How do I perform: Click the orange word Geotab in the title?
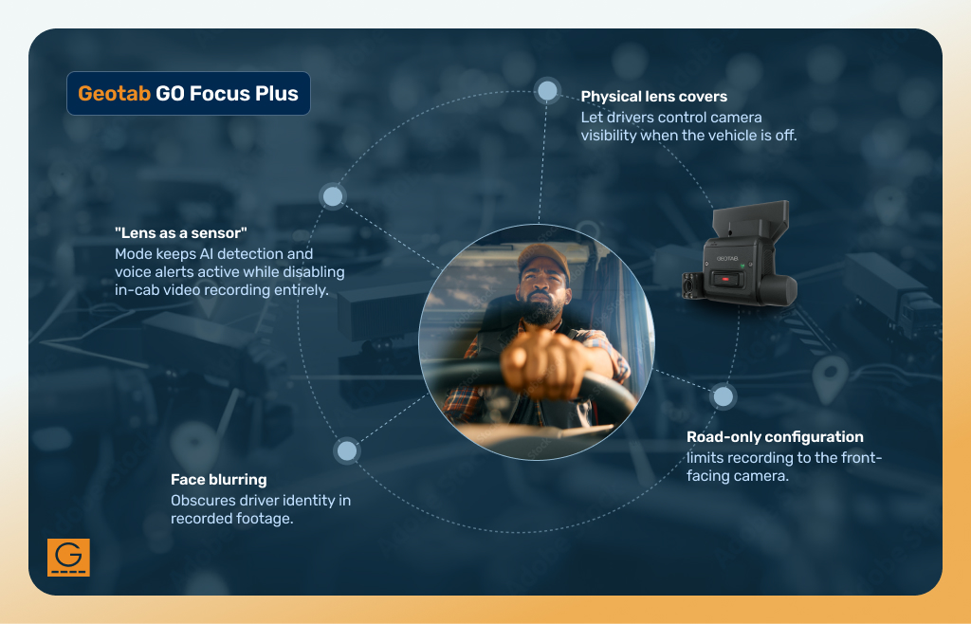click(x=114, y=94)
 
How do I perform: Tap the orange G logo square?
click(x=68, y=558)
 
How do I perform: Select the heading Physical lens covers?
click(x=654, y=97)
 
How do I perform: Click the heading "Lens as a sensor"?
click(x=181, y=232)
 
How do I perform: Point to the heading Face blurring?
click(x=219, y=479)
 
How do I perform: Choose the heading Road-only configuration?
click(x=775, y=437)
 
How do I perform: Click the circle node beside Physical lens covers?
click(x=547, y=91)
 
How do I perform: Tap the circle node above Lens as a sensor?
click(x=333, y=196)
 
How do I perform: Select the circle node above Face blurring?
click(x=347, y=450)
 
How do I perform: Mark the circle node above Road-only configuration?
click(x=723, y=396)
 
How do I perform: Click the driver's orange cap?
click(x=543, y=258)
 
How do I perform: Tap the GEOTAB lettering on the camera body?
click(x=727, y=258)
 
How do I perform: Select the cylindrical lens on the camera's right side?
click(x=779, y=288)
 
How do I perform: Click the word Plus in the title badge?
click(x=277, y=94)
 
